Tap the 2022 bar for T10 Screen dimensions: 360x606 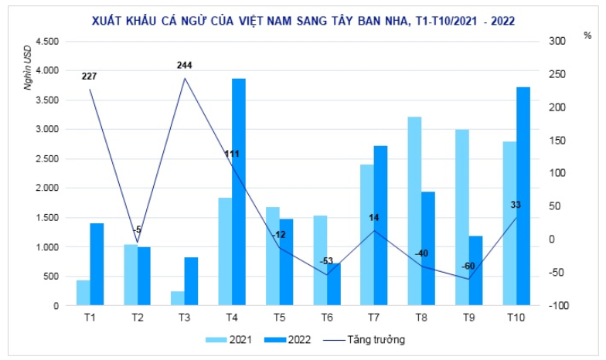click(x=523, y=196)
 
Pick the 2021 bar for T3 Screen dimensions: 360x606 click(x=177, y=298)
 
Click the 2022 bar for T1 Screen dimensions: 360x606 click(x=97, y=264)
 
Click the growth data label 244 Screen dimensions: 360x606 click(x=184, y=66)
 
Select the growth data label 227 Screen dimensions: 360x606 click(x=89, y=76)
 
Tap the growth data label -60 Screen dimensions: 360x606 click(x=469, y=266)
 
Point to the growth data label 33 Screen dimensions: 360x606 click(x=516, y=204)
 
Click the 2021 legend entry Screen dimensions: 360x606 click(x=232, y=338)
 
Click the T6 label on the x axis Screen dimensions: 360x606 click(x=326, y=317)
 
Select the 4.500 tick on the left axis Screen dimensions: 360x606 click(x=47, y=41)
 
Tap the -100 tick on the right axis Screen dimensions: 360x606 click(x=559, y=306)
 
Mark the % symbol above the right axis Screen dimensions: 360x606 click(x=587, y=36)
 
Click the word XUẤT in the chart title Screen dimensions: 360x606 click(x=108, y=18)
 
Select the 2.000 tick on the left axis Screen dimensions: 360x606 click(x=47, y=188)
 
